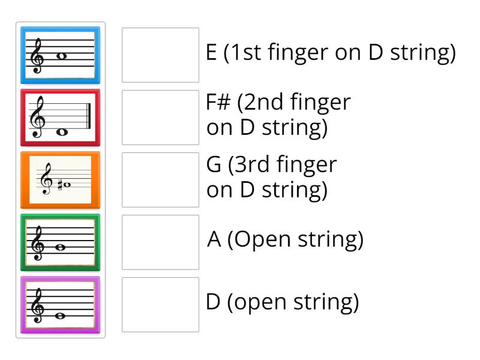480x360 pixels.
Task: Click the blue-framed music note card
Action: [x=61, y=55]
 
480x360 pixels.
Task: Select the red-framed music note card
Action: [x=61, y=117]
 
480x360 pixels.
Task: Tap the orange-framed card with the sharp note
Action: [x=61, y=179]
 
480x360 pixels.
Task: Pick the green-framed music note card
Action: [x=61, y=242]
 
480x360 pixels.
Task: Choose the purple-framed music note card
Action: [x=61, y=304]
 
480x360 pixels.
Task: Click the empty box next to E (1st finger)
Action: [x=160, y=55]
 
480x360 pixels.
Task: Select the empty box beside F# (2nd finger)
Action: [x=160, y=117]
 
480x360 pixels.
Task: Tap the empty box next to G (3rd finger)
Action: [x=160, y=179]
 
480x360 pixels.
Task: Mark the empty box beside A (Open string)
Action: [x=160, y=242]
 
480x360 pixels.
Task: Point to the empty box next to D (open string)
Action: [x=160, y=304]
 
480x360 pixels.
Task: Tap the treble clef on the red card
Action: [x=41, y=118]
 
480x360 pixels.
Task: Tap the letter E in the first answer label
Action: [x=211, y=53]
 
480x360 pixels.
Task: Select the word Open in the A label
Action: [x=262, y=241]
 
